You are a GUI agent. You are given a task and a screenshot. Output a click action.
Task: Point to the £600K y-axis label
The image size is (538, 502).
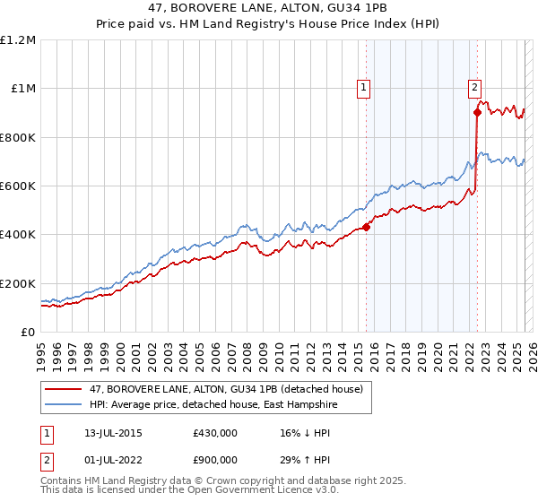18,186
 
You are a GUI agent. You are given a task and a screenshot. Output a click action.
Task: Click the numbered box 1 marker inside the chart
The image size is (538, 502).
364,88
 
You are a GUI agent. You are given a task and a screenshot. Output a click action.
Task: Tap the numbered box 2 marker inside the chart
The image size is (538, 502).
474,88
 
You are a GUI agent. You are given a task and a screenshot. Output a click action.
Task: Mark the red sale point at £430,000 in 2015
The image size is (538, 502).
367,227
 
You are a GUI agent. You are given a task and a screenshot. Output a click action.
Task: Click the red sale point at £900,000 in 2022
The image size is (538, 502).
477,113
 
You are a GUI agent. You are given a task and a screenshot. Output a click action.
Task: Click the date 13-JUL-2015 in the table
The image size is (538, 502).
110,433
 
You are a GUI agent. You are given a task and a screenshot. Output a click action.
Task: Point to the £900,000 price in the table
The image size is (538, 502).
215,462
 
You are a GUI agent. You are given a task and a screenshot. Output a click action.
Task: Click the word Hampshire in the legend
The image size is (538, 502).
317,405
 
